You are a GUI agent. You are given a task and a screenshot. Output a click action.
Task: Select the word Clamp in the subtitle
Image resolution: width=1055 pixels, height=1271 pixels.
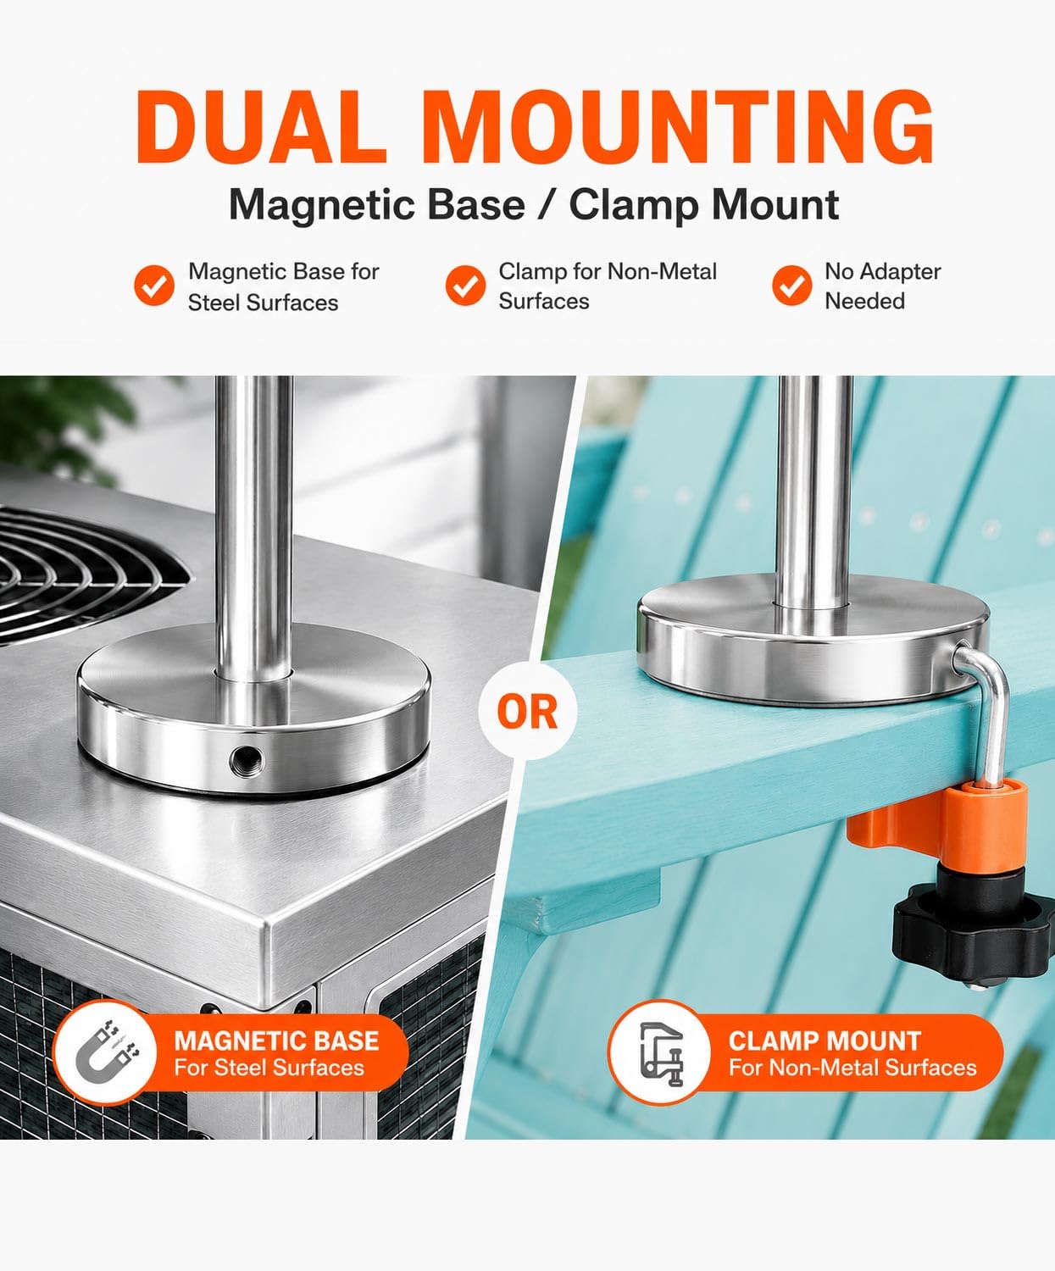click(x=633, y=204)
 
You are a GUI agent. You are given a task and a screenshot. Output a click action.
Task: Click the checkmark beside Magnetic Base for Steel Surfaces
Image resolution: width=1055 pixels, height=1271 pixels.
click(x=154, y=285)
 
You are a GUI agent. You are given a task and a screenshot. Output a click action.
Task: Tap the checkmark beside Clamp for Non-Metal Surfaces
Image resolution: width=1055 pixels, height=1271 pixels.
click(x=466, y=285)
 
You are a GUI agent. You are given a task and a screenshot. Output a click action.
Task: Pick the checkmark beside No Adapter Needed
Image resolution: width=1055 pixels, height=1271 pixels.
click(x=792, y=285)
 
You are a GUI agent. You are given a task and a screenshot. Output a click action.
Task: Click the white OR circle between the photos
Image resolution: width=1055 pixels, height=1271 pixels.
click(x=527, y=711)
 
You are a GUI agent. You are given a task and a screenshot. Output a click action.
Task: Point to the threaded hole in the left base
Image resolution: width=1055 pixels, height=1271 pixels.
click(x=247, y=758)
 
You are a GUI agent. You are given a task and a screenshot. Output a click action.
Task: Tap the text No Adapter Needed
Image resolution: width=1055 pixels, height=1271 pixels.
click(x=883, y=286)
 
